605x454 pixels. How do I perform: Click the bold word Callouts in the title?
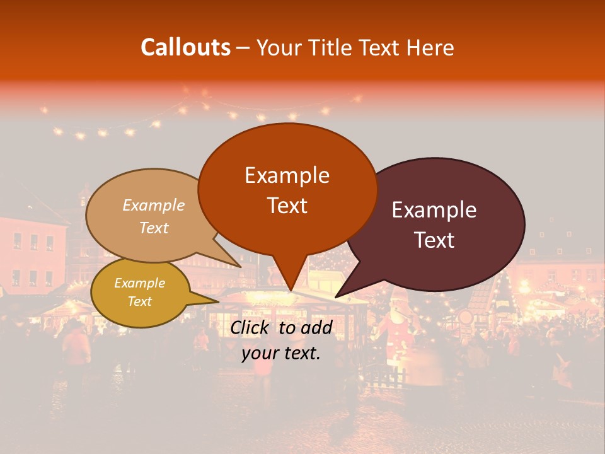[x=185, y=47]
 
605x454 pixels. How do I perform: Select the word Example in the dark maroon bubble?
[x=434, y=210]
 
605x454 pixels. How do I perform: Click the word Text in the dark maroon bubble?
[x=435, y=240]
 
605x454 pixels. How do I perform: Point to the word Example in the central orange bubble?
[x=287, y=175]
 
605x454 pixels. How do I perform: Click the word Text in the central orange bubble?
[x=287, y=206]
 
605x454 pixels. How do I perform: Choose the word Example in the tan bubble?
[x=153, y=205]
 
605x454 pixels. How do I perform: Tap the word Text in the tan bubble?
[x=154, y=228]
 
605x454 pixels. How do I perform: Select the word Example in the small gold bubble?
[x=139, y=283]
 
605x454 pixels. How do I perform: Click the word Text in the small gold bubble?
[x=139, y=301]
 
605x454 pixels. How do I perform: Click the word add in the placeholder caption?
[x=316, y=327]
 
